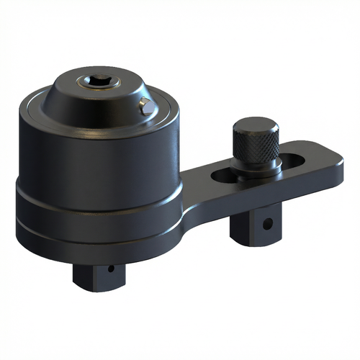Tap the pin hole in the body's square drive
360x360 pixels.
pos(111,271)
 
